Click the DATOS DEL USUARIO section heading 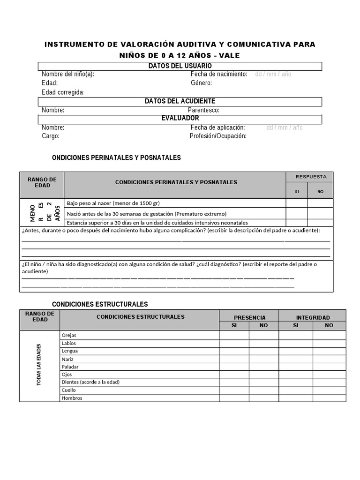tap(180, 66)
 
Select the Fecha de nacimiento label tap(218, 74)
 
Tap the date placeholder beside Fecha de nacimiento tap(273, 74)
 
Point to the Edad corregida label tap(62, 92)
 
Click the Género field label tap(201, 83)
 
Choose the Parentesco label tap(203, 110)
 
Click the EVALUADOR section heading tap(180, 118)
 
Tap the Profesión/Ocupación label tap(218, 136)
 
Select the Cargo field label tap(51, 136)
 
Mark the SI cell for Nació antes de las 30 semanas tap(297, 213)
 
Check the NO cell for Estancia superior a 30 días tap(320, 223)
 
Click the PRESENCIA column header tap(249, 317)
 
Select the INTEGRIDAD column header tap(313, 317)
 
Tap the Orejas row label tap(69, 335)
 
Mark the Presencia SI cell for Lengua tap(234, 351)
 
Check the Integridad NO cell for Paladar tap(329, 367)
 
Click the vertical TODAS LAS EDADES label tap(39, 365)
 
